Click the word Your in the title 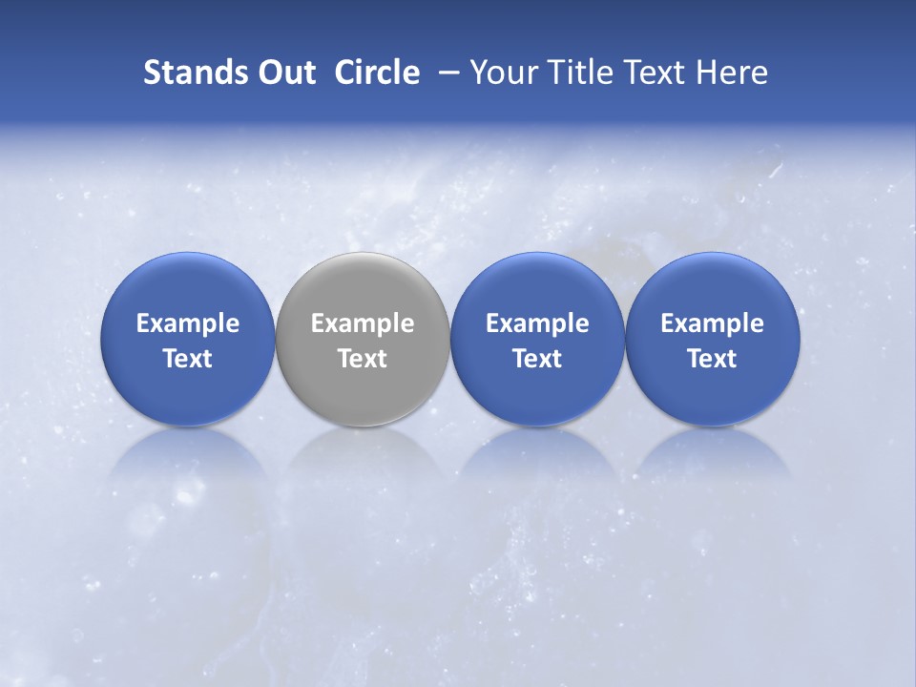pyautogui.click(x=504, y=73)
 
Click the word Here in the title pyautogui.click(x=733, y=73)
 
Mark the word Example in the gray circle pyautogui.click(x=363, y=323)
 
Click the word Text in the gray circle pyautogui.click(x=363, y=359)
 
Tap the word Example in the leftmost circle pyautogui.click(x=188, y=323)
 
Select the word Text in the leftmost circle pyautogui.click(x=188, y=359)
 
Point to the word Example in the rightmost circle pyautogui.click(x=712, y=323)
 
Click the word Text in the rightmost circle pyautogui.click(x=712, y=359)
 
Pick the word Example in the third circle pyautogui.click(x=537, y=323)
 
